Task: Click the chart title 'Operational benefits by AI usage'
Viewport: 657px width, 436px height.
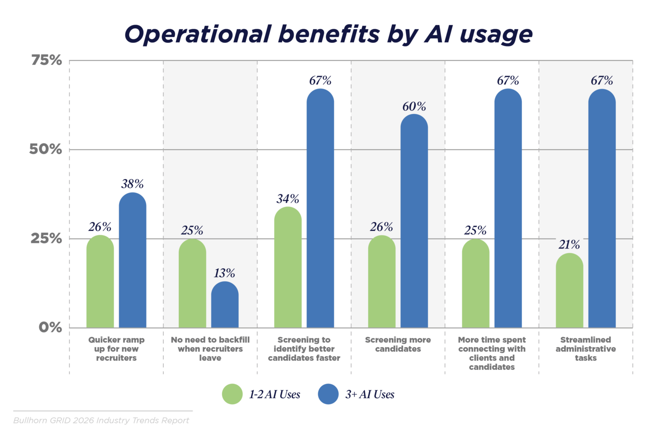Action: pos(328,34)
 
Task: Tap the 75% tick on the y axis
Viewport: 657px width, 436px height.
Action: pos(47,60)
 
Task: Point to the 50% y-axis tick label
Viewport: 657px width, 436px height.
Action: pos(46,149)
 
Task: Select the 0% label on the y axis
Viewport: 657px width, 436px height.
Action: pos(50,327)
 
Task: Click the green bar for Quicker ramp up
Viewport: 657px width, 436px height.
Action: pos(100,283)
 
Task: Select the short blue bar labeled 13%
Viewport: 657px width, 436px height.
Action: pos(224,306)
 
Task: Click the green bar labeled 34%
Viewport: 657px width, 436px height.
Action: pos(288,269)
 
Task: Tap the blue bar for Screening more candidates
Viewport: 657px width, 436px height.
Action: pos(414,223)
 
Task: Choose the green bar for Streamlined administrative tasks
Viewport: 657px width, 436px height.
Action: pos(569,292)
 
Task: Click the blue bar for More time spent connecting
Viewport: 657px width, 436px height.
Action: pos(508,210)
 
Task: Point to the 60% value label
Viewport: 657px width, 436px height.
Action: pos(414,107)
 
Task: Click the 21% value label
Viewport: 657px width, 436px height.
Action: pos(569,245)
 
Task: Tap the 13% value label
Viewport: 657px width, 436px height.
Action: pos(224,273)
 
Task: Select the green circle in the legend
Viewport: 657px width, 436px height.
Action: pos(232,394)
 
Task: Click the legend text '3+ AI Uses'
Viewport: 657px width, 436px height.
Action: pos(370,394)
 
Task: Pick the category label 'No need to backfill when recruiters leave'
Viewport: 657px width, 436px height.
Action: pos(210,349)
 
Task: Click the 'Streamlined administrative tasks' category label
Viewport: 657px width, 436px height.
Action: pos(585,349)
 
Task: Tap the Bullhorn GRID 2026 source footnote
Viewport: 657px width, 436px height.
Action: pos(101,420)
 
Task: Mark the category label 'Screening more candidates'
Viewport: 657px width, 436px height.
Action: pos(398,344)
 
